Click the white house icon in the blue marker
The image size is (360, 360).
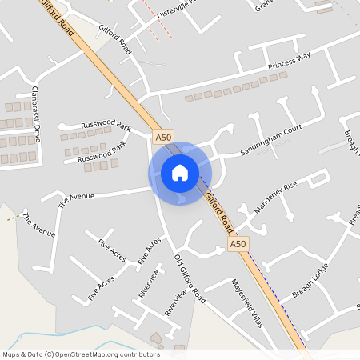click(180, 173)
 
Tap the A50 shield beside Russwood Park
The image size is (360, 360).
click(163, 138)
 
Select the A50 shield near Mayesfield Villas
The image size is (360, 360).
click(237, 243)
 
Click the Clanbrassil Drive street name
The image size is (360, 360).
click(35, 113)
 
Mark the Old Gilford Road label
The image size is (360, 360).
click(190, 278)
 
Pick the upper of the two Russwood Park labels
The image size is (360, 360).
click(105, 126)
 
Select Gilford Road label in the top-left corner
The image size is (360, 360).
click(55, 17)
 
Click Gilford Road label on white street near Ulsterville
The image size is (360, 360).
click(115, 38)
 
